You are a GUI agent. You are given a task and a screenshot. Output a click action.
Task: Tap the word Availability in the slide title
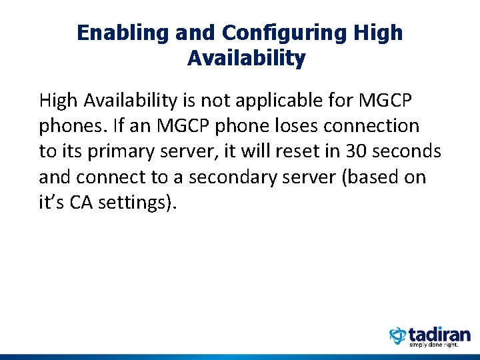(x=246, y=59)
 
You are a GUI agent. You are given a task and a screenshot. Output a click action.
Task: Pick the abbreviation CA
(x=82, y=202)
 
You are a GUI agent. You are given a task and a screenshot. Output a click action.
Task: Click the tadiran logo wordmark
(x=439, y=334)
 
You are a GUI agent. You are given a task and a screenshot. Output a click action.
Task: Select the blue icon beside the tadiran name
(x=397, y=336)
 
